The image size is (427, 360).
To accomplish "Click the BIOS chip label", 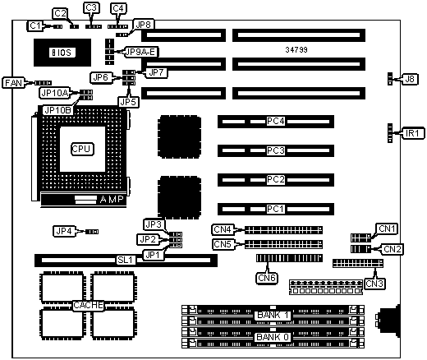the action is click(62, 53).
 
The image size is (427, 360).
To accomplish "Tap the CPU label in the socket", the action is click(82, 149).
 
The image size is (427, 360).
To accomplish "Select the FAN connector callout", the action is click(13, 82).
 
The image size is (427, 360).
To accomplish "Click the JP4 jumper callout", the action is click(64, 231).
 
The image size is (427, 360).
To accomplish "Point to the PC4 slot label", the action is click(276, 121).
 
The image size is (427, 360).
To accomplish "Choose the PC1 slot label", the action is click(276, 209).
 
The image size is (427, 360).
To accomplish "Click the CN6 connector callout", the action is click(267, 278).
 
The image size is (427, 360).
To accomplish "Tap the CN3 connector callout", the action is click(374, 284).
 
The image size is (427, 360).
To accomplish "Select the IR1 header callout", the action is click(412, 133).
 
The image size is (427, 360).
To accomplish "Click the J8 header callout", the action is click(410, 79).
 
